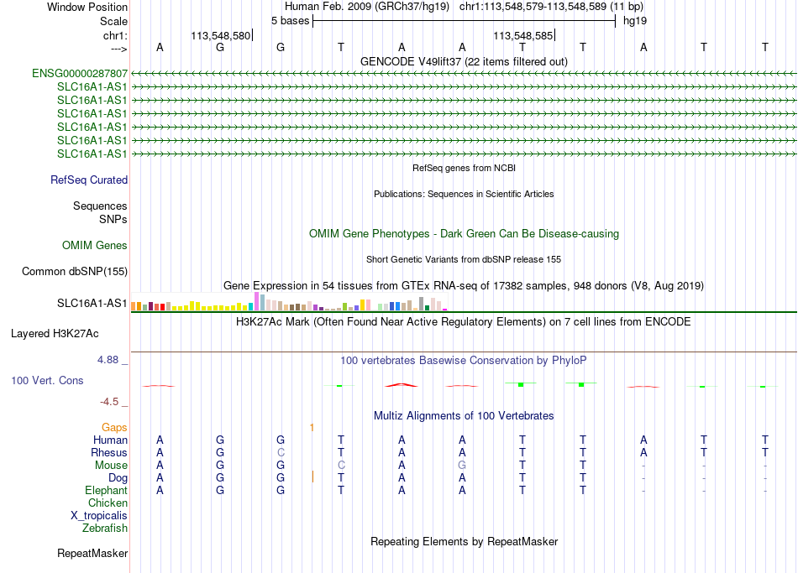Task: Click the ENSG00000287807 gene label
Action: [x=80, y=73]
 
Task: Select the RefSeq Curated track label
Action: [x=89, y=180]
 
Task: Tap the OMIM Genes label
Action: [x=95, y=246]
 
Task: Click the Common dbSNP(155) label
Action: [x=75, y=272]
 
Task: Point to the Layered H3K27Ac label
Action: [x=55, y=334]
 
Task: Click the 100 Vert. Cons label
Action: [x=47, y=380]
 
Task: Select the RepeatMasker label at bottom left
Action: [x=92, y=553]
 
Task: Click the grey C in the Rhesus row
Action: [x=281, y=452]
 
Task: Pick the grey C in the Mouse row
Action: [x=341, y=466]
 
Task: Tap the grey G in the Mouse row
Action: [x=462, y=466]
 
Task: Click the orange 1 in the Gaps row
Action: [x=312, y=428]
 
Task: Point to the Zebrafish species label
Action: [x=105, y=529]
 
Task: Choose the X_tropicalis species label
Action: [x=99, y=516]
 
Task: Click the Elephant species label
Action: [x=107, y=491]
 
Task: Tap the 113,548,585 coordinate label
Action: [x=522, y=35]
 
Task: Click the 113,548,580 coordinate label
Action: [x=221, y=35]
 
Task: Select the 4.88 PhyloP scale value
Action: [x=108, y=360]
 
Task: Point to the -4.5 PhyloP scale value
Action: [x=109, y=402]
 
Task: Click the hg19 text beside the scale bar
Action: [x=635, y=21]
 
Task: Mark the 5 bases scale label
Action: [x=290, y=21]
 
